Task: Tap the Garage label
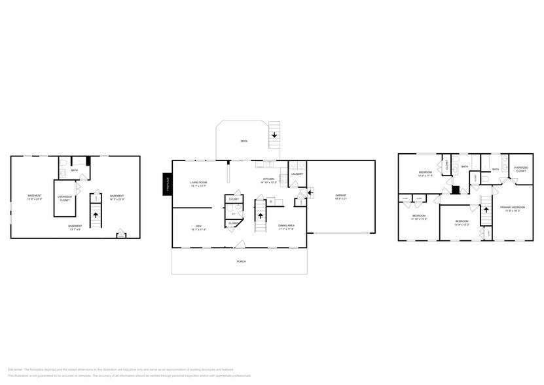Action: tap(340, 195)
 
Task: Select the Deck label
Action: tap(244, 141)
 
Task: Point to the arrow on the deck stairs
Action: tap(274, 134)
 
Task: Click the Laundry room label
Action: tap(297, 174)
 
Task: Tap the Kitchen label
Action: tap(269, 179)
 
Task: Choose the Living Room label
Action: tap(198, 183)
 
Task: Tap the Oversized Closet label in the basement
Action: tap(65, 198)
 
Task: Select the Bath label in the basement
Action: tap(75, 171)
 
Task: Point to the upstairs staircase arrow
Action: tap(486, 211)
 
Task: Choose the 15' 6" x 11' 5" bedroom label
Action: tap(426, 174)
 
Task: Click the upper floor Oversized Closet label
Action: tap(520, 169)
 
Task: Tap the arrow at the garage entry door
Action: tap(310, 191)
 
